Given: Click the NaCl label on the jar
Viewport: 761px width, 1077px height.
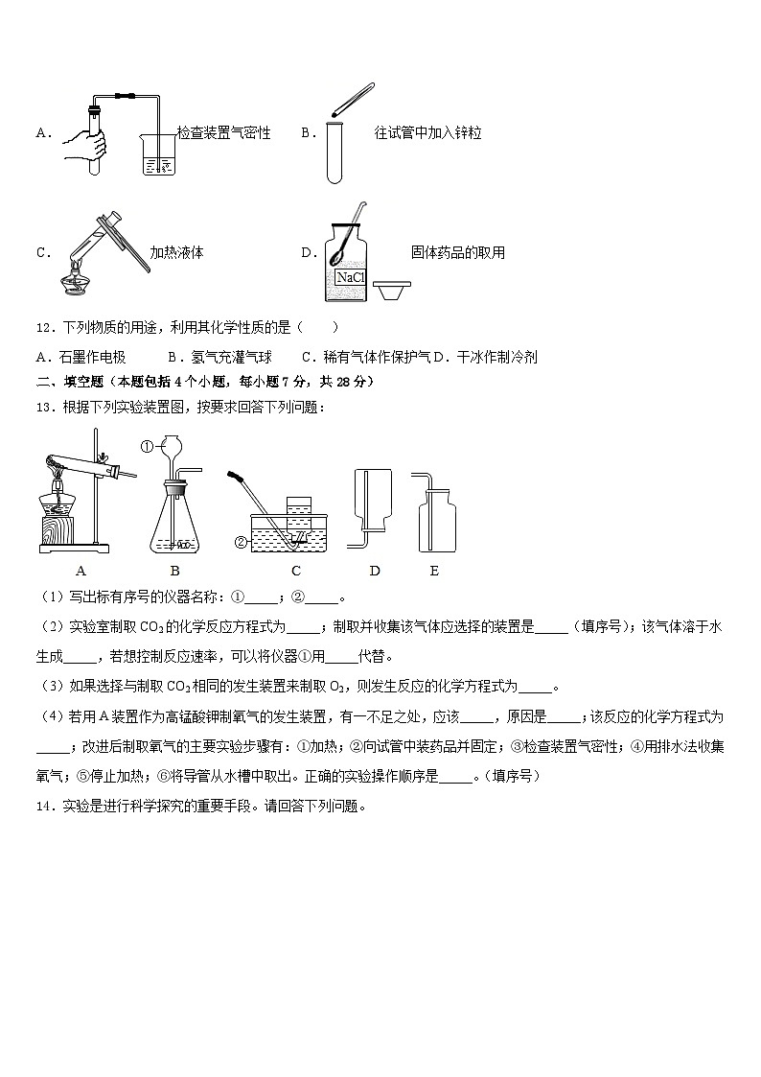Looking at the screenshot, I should pos(351,277).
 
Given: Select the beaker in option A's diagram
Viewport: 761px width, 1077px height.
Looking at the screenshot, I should pos(159,154).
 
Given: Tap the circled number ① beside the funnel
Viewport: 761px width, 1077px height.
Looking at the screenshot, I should pos(148,446).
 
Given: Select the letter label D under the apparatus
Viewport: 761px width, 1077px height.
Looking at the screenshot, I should pos(375,572).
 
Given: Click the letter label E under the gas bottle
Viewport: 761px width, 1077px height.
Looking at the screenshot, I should pos(434,572).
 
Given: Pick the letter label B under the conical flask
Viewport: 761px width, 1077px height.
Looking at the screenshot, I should pos(175,572).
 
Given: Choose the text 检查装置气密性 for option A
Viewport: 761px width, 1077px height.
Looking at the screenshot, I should pos(224,133).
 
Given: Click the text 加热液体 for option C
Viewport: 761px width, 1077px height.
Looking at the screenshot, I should pos(176,253).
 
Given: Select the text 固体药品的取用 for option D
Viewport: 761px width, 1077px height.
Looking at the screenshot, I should pos(457,253).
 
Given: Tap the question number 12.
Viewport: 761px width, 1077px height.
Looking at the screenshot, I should pos(43,328).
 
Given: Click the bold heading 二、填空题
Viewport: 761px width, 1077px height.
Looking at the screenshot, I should pos(68,382).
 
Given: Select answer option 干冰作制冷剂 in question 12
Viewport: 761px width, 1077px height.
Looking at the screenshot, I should pos(497,357).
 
